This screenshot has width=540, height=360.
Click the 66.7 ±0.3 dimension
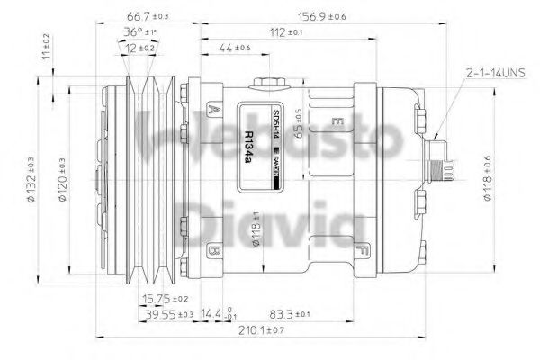[144, 17]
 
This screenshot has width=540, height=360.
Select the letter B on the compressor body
[213, 249]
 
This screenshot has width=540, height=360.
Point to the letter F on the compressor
[361, 249]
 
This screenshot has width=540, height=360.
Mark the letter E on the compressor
[337, 121]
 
